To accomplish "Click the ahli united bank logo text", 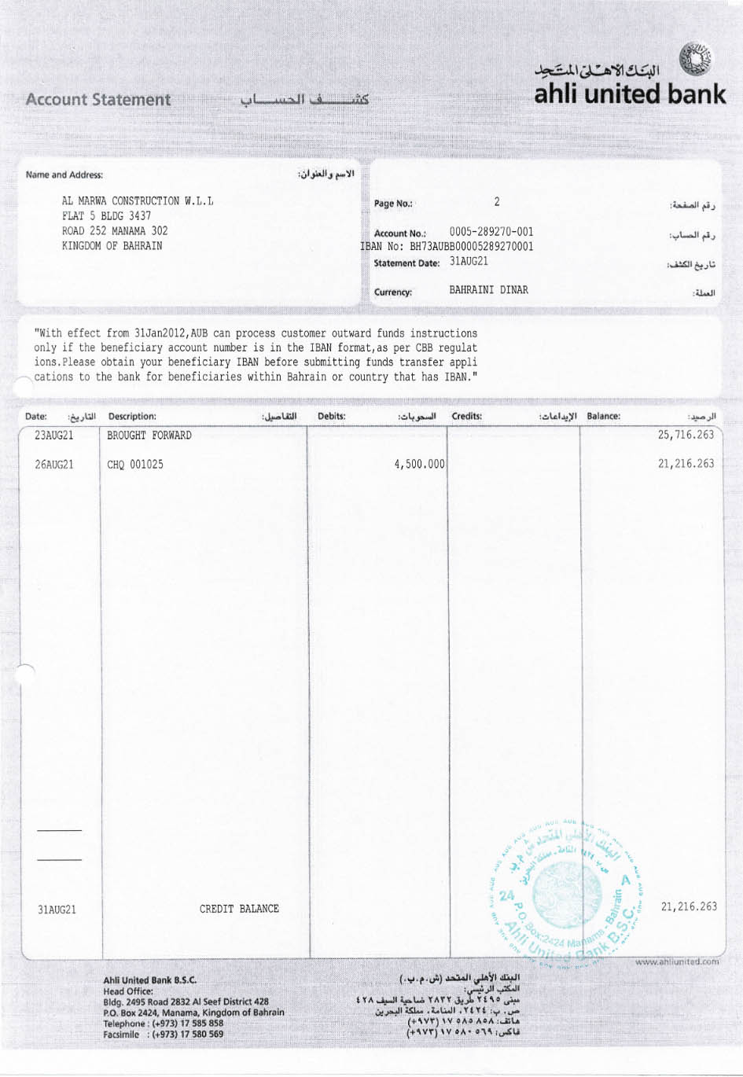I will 630,94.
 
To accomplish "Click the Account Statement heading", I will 98,100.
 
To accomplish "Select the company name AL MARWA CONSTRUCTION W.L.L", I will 138,201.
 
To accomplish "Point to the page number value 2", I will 497,202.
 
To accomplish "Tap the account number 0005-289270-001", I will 491,232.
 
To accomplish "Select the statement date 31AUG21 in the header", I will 469,262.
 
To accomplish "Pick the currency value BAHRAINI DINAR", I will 489,290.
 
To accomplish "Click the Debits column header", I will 332,416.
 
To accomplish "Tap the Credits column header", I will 467,416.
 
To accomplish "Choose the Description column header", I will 132,416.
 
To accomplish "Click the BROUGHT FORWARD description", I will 149,436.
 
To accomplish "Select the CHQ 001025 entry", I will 135,465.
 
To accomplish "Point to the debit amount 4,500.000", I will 419,465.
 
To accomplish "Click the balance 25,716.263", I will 686,435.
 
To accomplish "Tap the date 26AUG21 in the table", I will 54,465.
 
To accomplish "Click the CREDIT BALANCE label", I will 239,909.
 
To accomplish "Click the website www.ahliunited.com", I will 677,961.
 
